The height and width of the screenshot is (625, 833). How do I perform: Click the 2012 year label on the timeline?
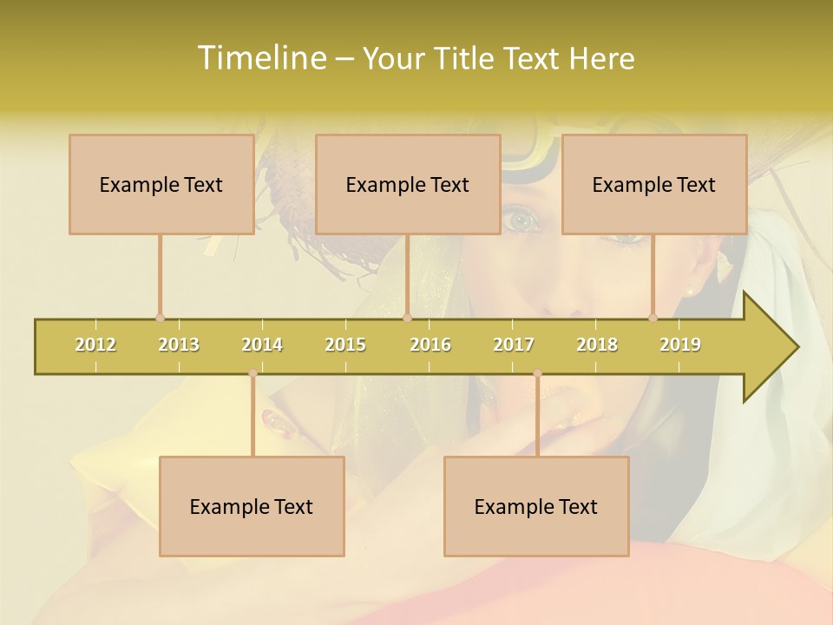click(95, 345)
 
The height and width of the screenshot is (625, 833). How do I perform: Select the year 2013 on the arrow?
click(179, 345)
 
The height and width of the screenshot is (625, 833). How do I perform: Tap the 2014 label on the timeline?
click(262, 345)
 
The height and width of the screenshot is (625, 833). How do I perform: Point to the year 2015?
click(345, 345)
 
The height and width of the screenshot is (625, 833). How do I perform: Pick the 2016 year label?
click(430, 345)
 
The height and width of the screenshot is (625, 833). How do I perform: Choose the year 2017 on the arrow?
click(514, 345)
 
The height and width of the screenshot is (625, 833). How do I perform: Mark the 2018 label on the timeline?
click(597, 345)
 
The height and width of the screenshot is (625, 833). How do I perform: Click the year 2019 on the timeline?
click(680, 345)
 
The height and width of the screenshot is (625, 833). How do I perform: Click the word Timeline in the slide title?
click(260, 58)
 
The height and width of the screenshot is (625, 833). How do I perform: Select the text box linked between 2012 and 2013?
click(161, 184)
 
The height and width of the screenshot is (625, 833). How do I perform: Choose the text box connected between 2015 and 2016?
click(408, 184)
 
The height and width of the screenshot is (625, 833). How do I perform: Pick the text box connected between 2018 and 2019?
click(654, 184)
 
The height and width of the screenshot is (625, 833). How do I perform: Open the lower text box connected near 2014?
click(252, 506)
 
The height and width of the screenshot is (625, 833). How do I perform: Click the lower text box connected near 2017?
click(536, 506)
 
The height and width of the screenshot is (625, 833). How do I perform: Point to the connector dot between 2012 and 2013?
click(160, 319)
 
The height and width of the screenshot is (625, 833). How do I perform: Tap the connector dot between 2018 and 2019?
click(653, 319)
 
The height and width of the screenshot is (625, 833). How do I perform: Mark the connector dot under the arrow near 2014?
click(253, 373)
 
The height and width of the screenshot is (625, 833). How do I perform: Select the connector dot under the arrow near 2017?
click(537, 373)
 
